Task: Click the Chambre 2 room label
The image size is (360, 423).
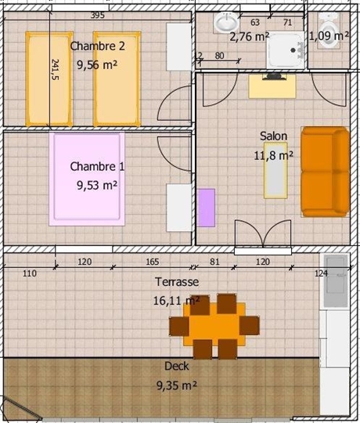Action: [98, 46]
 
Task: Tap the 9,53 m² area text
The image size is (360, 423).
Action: [97, 186]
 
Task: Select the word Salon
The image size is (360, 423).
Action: [273, 136]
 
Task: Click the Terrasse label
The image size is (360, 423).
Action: [177, 282]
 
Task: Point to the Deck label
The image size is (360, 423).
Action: [177, 366]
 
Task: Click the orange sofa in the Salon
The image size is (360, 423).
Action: [326, 172]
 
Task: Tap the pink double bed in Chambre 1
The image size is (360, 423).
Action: [87, 179]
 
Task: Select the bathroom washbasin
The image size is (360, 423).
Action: [226, 22]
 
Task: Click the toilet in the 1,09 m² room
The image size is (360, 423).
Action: [329, 31]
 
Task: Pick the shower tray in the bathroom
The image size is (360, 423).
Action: [286, 50]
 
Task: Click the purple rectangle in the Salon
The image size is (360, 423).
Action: [206, 208]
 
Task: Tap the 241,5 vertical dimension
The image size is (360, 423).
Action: [55, 70]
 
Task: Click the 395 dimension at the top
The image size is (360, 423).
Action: [97, 16]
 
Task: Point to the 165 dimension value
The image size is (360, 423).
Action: [153, 262]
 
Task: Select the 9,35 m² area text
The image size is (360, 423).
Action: [177, 385]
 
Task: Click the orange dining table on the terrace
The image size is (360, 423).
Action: [214, 324]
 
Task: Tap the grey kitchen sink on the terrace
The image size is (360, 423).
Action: [336, 280]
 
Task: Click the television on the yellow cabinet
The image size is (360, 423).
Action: [274, 77]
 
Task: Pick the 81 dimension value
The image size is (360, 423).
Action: [214, 262]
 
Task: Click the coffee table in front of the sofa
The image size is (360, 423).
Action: [275, 171]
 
